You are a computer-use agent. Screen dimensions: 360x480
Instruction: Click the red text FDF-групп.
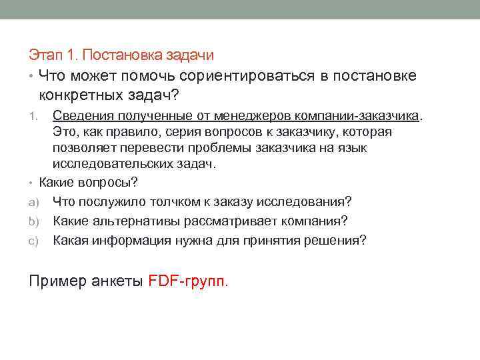pyautogui.click(x=188, y=281)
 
